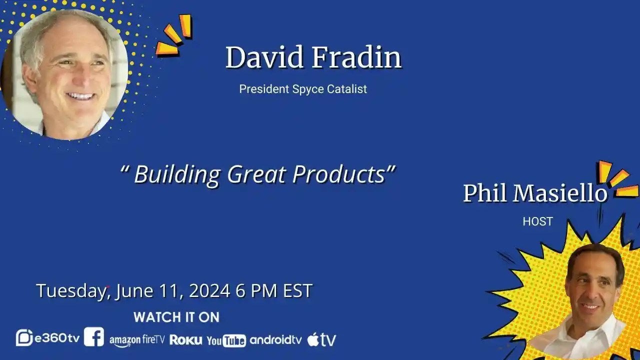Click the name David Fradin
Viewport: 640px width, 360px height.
(313, 57)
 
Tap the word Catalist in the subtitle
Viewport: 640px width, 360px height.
(347, 89)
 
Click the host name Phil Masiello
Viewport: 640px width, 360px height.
(535, 193)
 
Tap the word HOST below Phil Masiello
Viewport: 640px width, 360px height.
(537, 221)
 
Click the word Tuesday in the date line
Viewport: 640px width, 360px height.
(71, 291)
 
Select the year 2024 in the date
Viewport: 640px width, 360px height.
(209, 290)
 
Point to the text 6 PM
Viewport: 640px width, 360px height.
(256, 290)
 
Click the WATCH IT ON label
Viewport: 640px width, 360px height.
(176, 317)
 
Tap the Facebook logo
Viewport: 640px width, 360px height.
(94, 337)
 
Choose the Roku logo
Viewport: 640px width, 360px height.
(185, 339)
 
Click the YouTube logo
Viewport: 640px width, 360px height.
(226, 340)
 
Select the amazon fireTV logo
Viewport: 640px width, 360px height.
(137, 340)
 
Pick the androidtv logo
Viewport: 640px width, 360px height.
(275, 339)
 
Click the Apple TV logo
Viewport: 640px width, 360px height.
(321, 339)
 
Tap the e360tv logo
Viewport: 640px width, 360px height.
(47, 337)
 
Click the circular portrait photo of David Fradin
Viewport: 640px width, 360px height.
(64, 74)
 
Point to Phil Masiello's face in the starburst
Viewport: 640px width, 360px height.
(592, 285)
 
